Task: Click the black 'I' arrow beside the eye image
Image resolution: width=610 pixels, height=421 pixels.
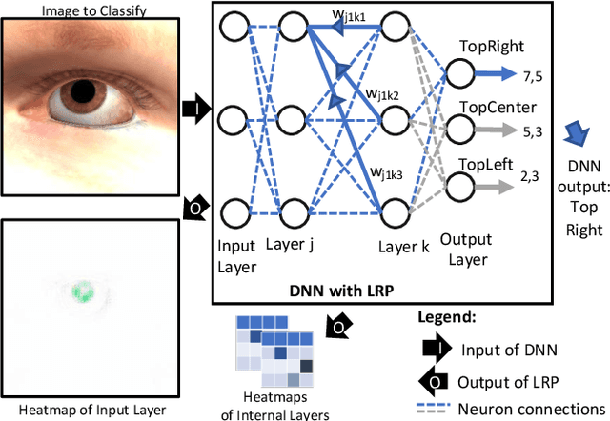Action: click(192, 110)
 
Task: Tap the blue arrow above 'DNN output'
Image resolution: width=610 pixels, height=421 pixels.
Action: click(571, 130)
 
